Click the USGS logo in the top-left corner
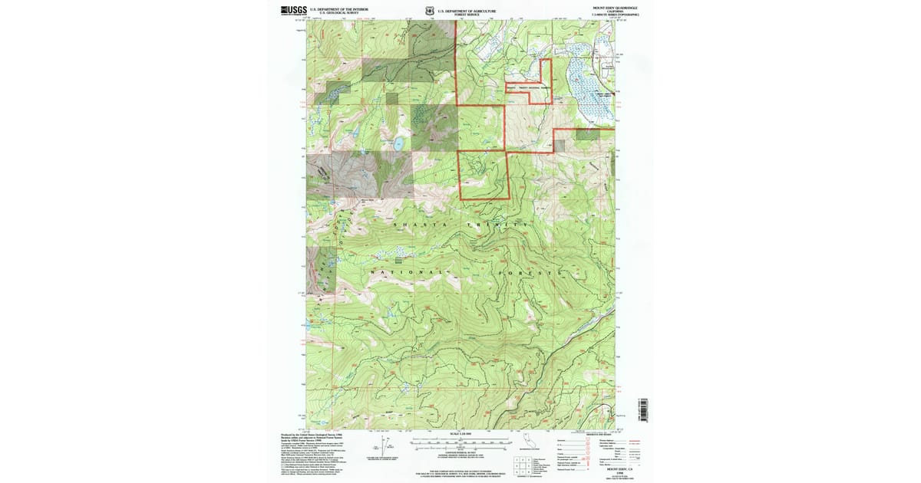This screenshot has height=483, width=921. [x=294, y=11]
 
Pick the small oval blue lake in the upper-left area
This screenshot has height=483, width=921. [x=399, y=143]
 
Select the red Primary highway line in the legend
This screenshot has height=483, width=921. [x=634, y=441]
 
